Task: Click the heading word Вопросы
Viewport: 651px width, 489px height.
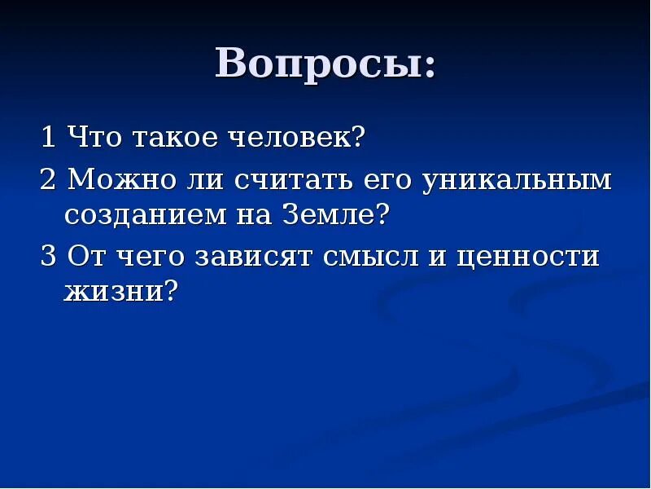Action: click(x=317, y=64)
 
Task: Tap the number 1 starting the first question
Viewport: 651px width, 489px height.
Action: click(x=49, y=137)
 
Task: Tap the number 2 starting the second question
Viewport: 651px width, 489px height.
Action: click(x=49, y=179)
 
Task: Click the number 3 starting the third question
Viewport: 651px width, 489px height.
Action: click(x=49, y=257)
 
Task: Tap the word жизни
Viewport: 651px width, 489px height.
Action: click(x=111, y=291)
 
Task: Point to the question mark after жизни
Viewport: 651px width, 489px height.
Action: click(x=170, y=290)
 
